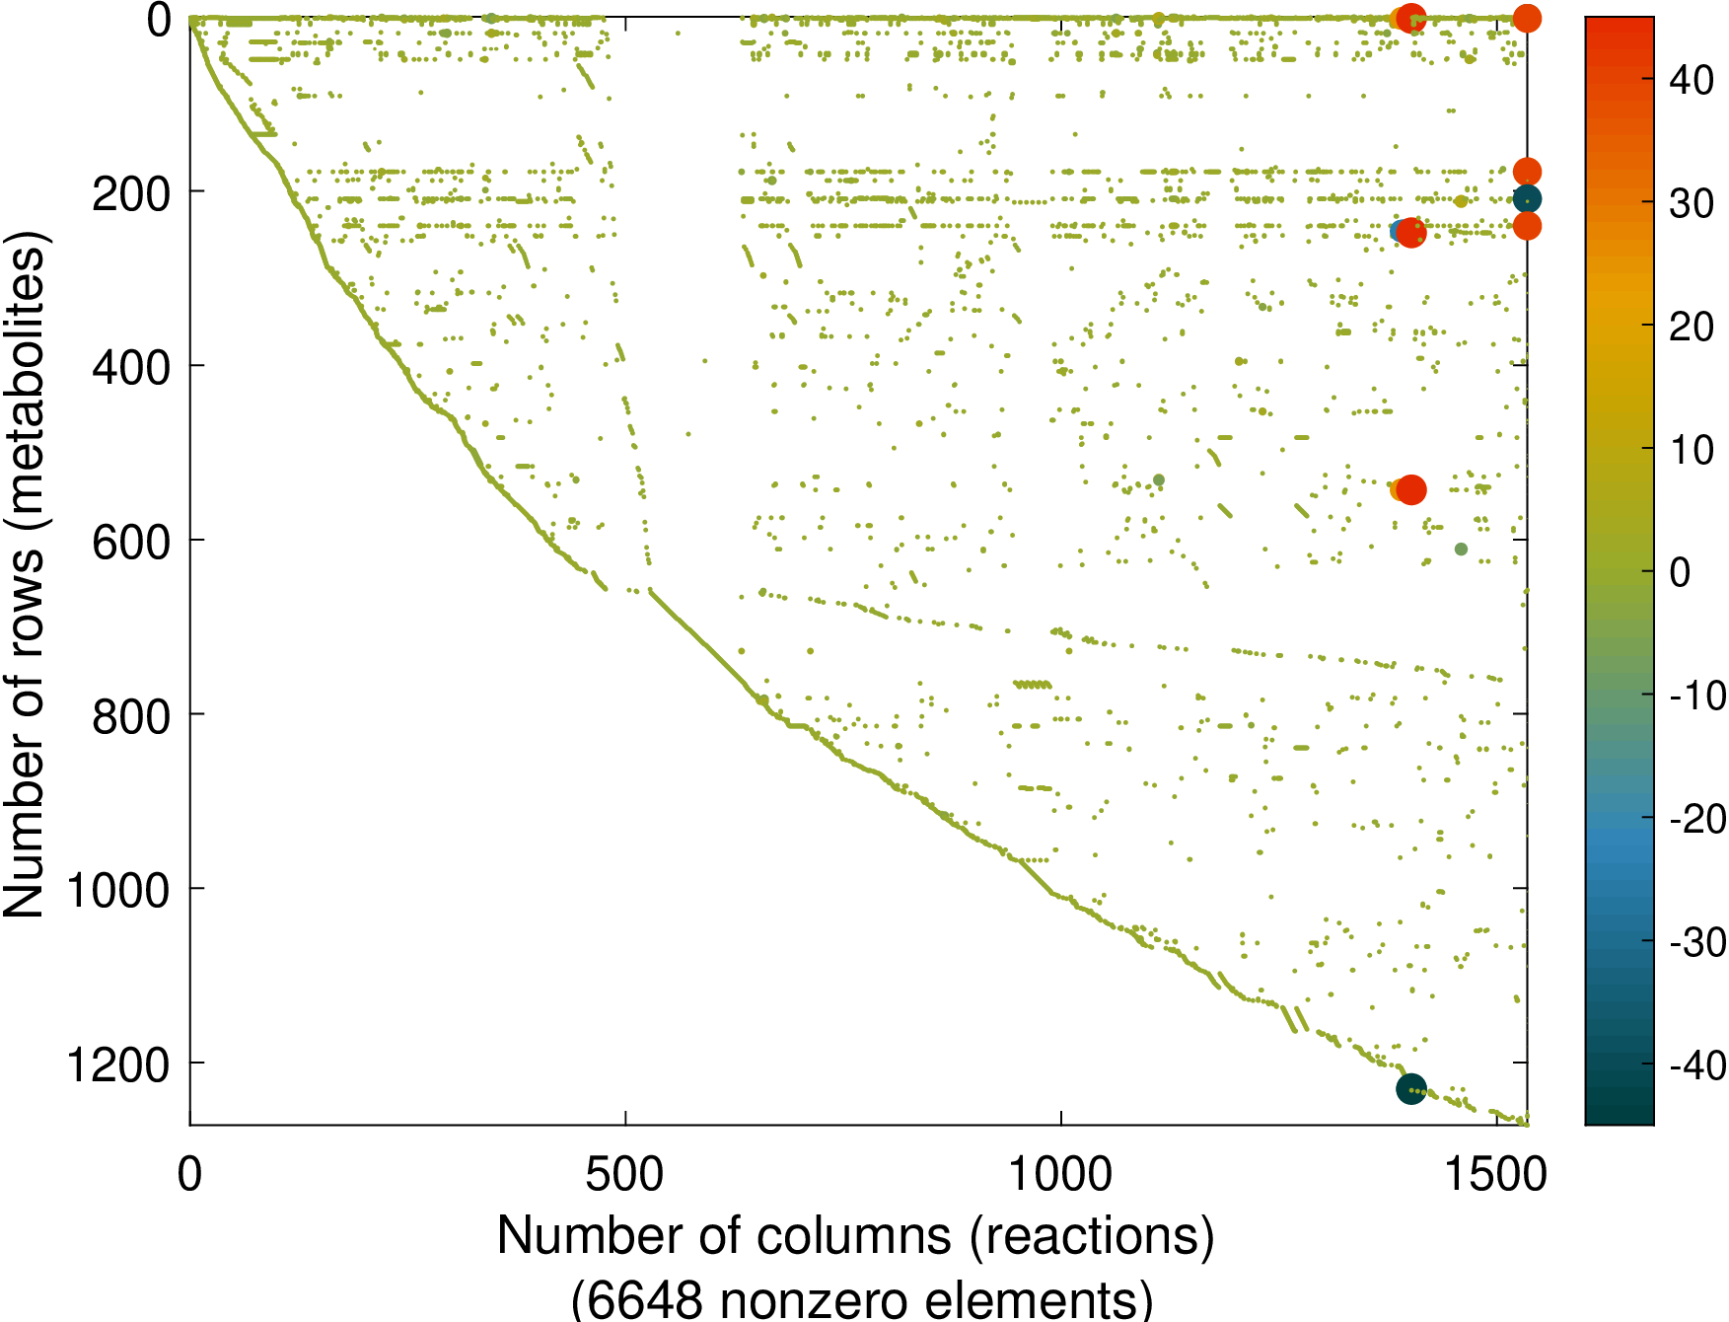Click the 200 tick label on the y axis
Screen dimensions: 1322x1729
point(130,194)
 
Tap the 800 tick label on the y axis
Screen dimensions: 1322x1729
point(130,717)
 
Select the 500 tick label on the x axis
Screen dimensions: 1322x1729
point(624,1175)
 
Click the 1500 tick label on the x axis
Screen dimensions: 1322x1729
point(1495,1175)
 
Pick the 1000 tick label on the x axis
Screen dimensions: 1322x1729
point(1060,1175)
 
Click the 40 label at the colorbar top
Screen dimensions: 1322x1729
point(1692,81)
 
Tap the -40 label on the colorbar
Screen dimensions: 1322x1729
point(1697,1065)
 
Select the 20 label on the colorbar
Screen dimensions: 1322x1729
point(1692,327)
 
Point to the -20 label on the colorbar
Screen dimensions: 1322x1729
point(1697,819)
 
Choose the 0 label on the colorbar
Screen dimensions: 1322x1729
point(1680,572)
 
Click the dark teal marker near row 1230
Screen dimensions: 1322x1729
point(1411,1089)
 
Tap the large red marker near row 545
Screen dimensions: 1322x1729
point(1410,489)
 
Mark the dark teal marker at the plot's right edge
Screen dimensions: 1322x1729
point(1527,199)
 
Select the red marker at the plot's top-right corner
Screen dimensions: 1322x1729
point(1527,18)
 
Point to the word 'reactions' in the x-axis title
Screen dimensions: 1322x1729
point(1092,1236)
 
